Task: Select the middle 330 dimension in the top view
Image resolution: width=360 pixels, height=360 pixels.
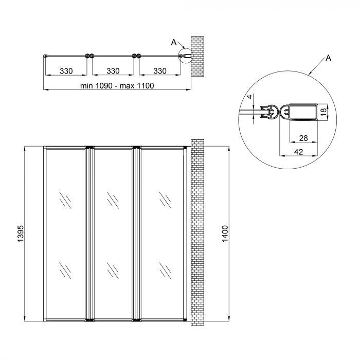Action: point(113,71)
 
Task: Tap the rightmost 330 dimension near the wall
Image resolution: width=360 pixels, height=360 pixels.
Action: point(160,71)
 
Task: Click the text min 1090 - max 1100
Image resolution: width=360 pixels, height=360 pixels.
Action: point(117,86)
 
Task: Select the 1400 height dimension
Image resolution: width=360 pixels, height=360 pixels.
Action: point(224,234)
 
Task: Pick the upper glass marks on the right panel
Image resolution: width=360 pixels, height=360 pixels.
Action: point(165,199)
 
